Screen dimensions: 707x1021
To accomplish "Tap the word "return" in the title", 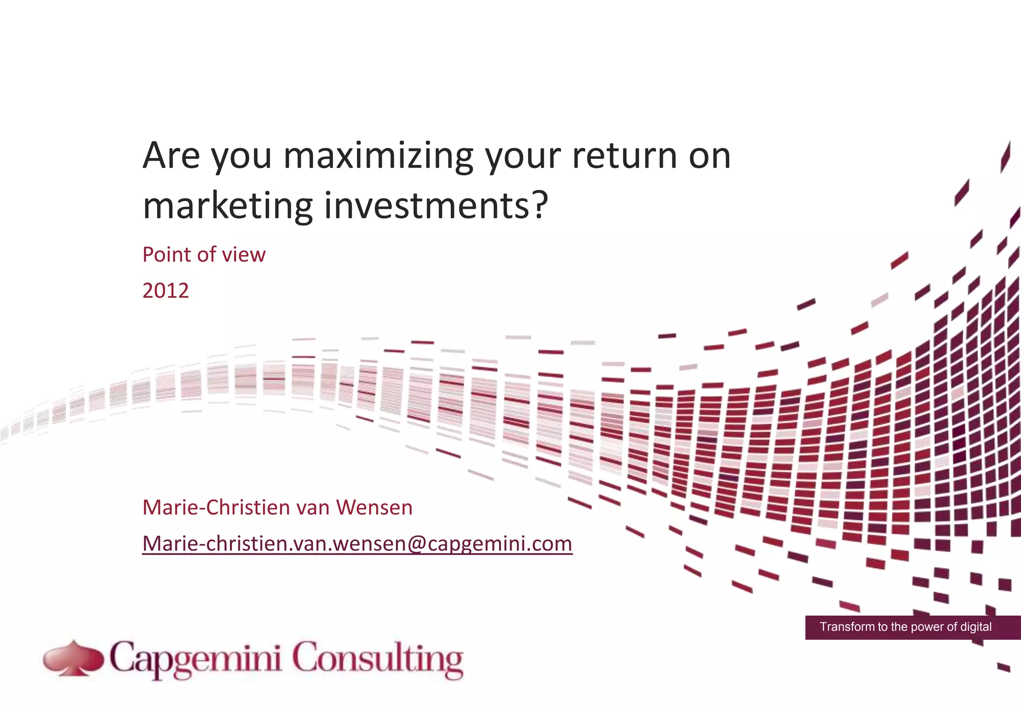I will (625, 156).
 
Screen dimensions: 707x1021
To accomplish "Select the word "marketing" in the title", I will (227, 205).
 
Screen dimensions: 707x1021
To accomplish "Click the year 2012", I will (166, 291).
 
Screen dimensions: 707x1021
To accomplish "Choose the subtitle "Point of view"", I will (204, 255).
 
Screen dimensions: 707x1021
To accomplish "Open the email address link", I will (357, 543).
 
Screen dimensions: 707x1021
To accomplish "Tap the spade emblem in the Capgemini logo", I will (73, 659).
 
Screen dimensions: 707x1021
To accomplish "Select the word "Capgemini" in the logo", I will (196, 660).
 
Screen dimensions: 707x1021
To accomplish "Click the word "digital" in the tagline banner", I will (976, 627).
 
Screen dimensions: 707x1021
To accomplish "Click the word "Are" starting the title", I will (171, 156).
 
